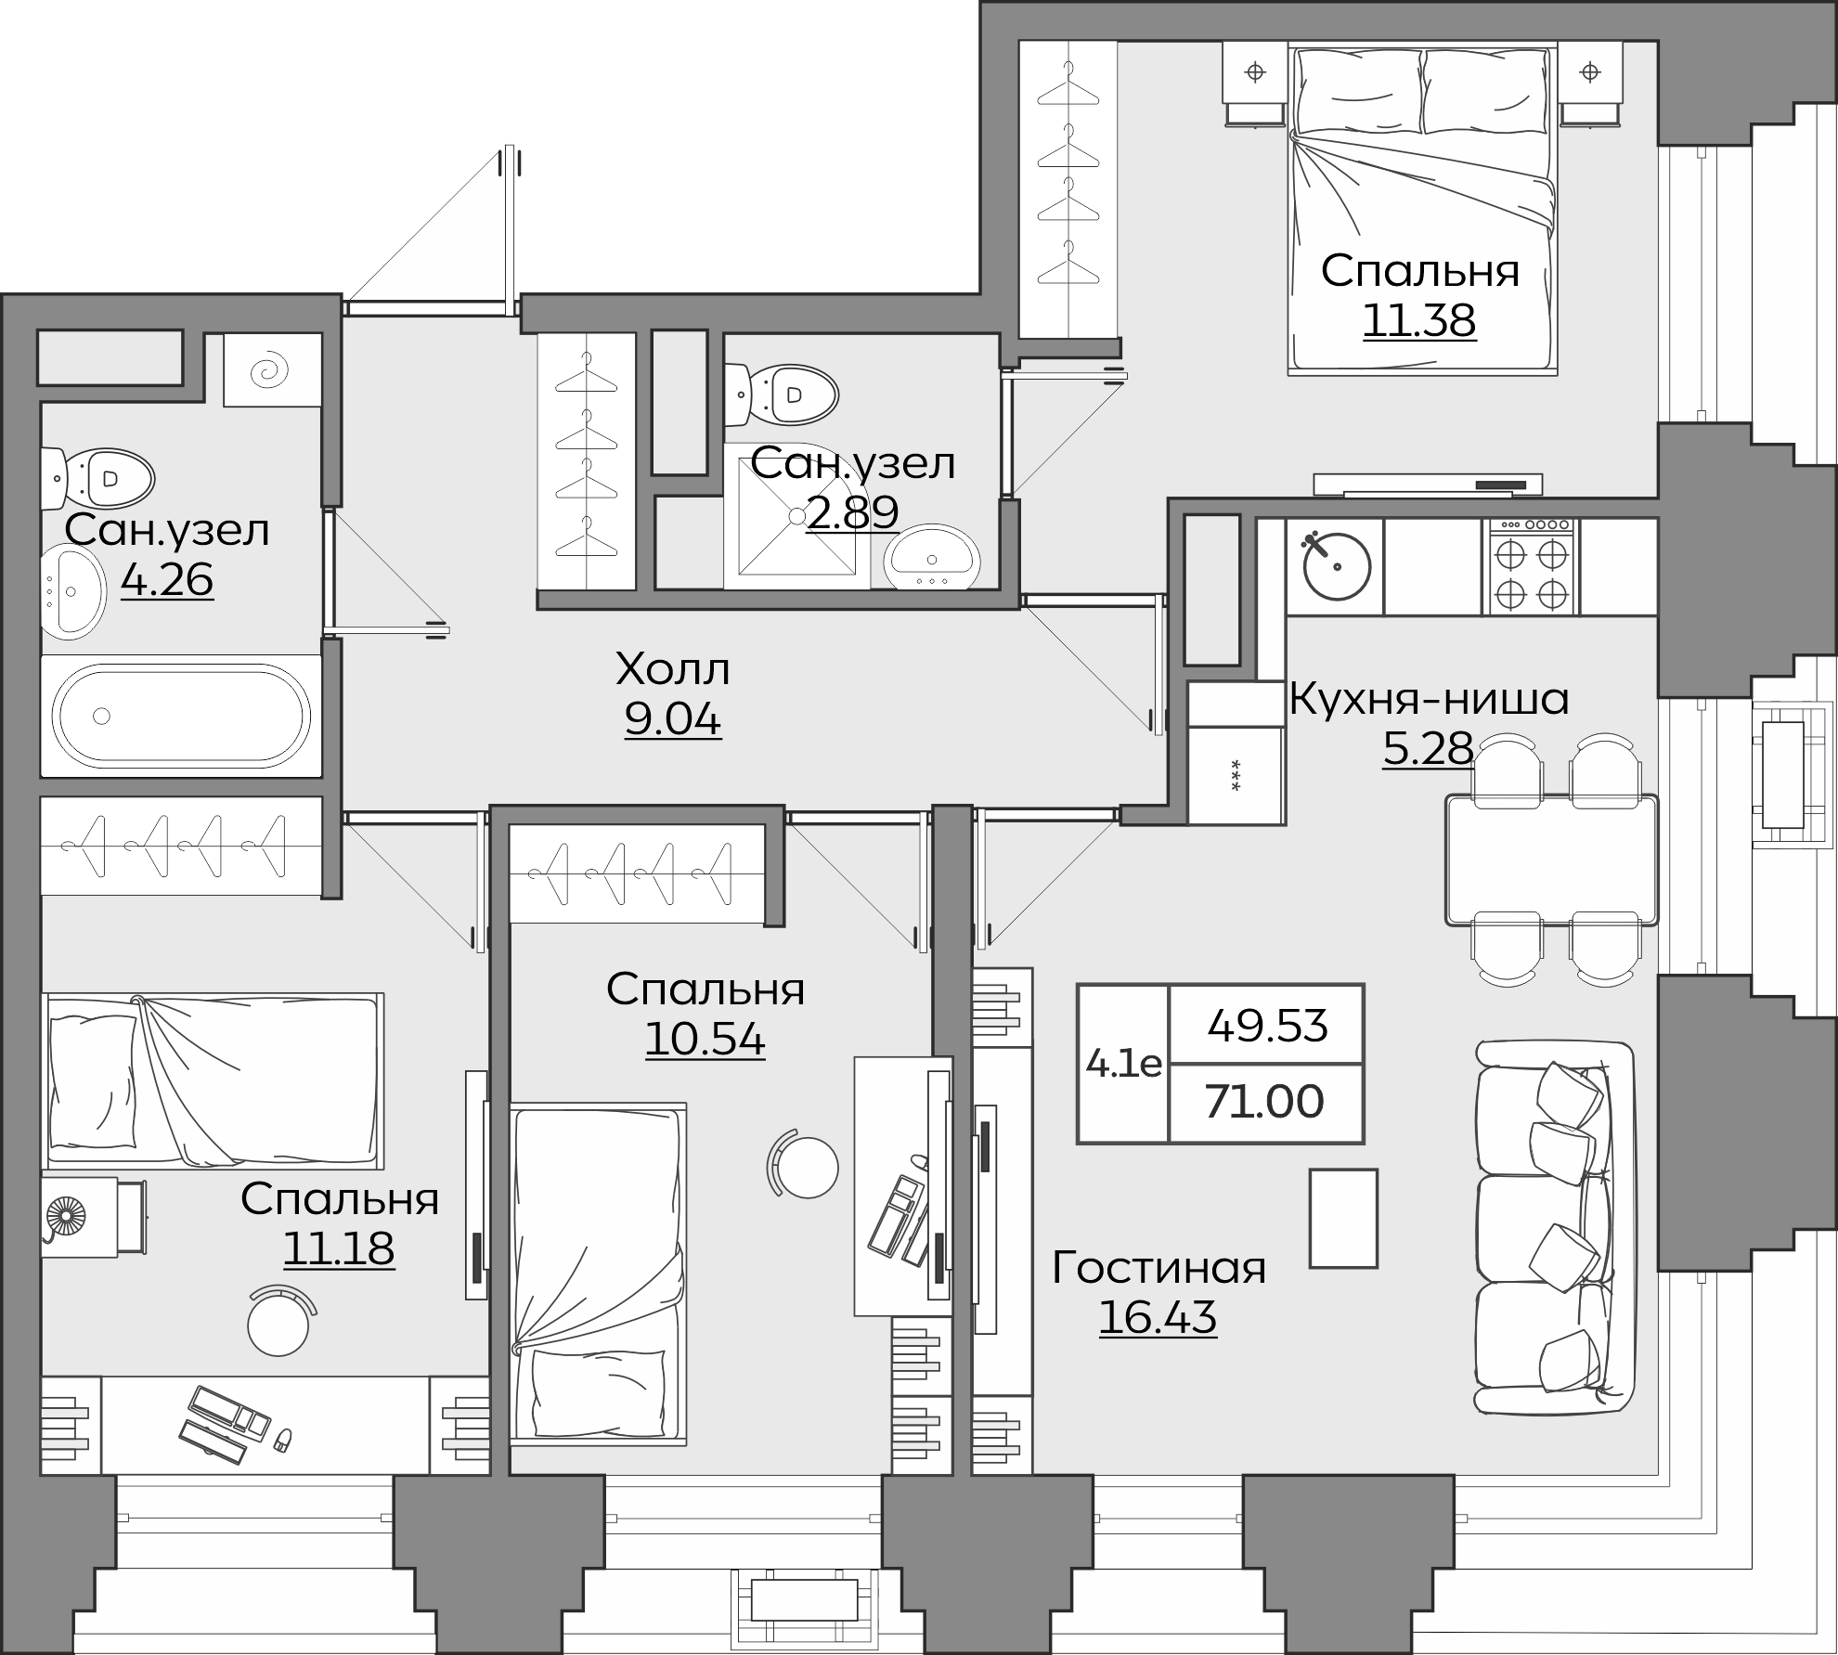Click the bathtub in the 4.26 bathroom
click(181, 715)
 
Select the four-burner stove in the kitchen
click(1533, 566)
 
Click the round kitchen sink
click(1337, 566)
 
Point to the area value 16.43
click(1158, 1316)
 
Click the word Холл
click(673, 668)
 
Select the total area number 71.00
click(1264, 1102)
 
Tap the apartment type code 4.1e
click(1123, 1064)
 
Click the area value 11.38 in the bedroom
click(1419, 321)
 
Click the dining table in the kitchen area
click(1551, 860)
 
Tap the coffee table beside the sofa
click(1343, 1218)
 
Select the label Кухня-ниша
click(1430, 699)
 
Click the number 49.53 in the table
click(1267, 1026)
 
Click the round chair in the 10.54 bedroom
click(806, 1167)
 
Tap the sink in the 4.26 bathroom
click(71, 591)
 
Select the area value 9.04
click(673, 720)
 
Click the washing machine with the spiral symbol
click(272, 369)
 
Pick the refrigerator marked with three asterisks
click(1236, 775)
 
